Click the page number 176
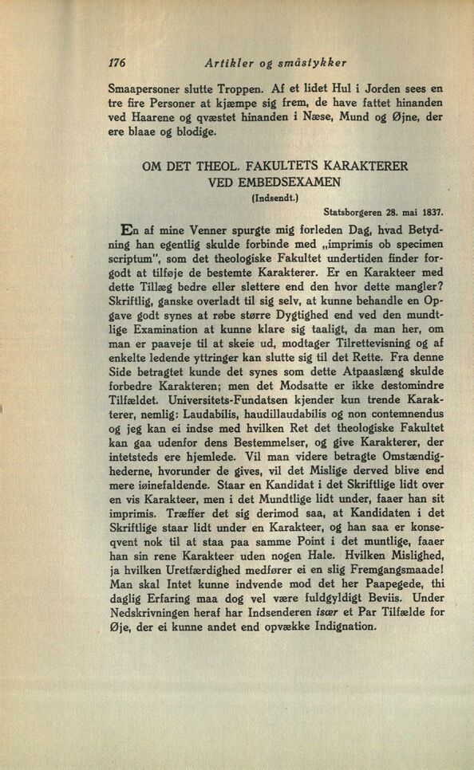(120, 61)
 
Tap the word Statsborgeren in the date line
(359, 213)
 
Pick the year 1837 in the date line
(431, 213)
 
